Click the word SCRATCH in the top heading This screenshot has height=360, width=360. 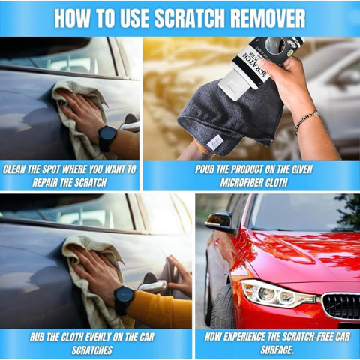(x=190, y=18)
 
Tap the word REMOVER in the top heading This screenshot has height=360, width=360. (x=268, y=18)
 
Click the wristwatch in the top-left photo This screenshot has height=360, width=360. (x=107, y=138)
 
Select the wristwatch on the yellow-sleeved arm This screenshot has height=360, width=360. (x=124, y=299)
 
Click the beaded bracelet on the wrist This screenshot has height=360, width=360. (x=306, y=121)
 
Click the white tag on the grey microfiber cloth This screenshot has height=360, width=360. (x=215, y=142)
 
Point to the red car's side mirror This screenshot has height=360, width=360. (x=220, y=222)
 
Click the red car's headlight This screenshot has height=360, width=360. (x=278, y=293)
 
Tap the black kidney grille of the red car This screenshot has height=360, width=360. (x=341, y=305)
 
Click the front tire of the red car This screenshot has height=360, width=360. (x=222, y=307)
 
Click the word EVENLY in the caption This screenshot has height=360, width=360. (x=98, y=337)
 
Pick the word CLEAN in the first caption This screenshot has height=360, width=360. (x=14, y=169)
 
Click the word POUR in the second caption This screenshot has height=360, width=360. (x=205, y=169)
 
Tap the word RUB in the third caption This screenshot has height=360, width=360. (x=37, y=337)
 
